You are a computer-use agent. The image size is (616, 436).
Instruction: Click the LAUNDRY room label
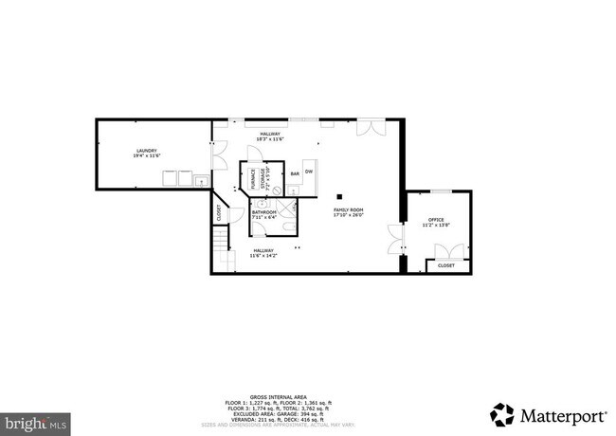coord(146,153)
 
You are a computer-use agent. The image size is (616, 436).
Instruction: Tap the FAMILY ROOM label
coord(348,211)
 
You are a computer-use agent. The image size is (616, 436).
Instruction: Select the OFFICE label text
coord(436,222)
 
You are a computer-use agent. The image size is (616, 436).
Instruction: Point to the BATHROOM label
coord(263,214)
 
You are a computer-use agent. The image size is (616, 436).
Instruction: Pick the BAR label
coord(295,174)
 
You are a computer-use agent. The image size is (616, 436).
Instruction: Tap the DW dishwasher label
coord(310,171)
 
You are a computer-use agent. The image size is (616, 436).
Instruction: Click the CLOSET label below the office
coord(445,265)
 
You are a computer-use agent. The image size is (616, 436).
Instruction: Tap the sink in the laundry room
coord(201,180)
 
